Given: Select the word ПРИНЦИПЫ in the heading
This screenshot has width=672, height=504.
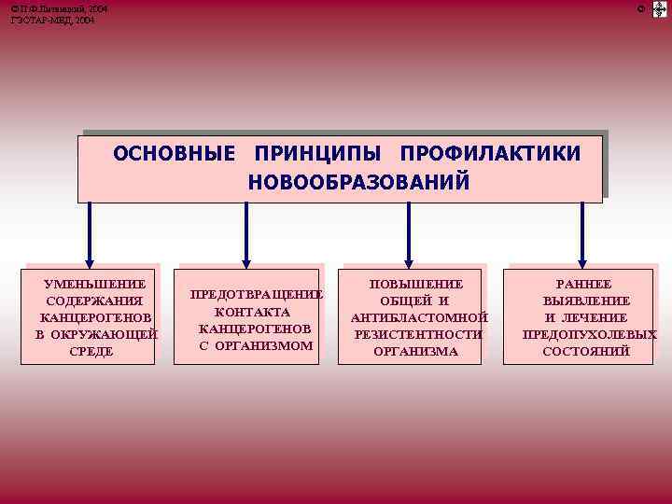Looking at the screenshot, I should point(316,153).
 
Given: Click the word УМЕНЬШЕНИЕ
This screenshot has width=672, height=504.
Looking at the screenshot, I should point(95,284).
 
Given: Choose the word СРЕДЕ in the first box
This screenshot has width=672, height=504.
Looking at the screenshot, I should point(91,351).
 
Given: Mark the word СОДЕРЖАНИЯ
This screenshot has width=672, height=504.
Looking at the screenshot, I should point(94,301).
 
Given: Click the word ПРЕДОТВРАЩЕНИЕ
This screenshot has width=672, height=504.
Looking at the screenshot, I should point(257,295).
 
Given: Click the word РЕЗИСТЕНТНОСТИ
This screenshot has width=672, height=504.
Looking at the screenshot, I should point(418,334).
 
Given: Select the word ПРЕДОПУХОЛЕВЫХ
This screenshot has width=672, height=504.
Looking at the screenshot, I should point(589,334).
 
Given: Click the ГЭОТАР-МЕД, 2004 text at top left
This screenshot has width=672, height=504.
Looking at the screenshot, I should point(52,20).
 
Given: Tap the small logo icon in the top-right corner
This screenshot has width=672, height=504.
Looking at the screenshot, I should point(659,9).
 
